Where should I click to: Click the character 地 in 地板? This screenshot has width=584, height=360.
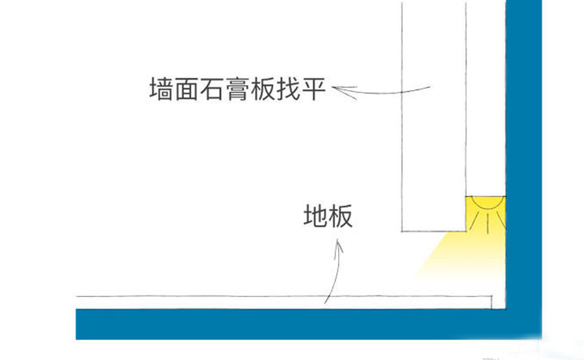pos(315,216)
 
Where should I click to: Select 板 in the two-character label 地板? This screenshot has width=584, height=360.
pos(341,216)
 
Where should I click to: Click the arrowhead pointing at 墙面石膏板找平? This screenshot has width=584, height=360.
pos(342,90)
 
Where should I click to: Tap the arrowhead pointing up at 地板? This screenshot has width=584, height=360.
pos(338,244)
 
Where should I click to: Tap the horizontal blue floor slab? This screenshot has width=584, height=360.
pos(292,323)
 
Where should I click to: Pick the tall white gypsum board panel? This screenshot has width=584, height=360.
pos(433,117)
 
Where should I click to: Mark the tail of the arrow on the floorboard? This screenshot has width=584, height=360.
pos(326,302)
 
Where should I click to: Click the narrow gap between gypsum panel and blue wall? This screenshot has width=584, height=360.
pos(485,97)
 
